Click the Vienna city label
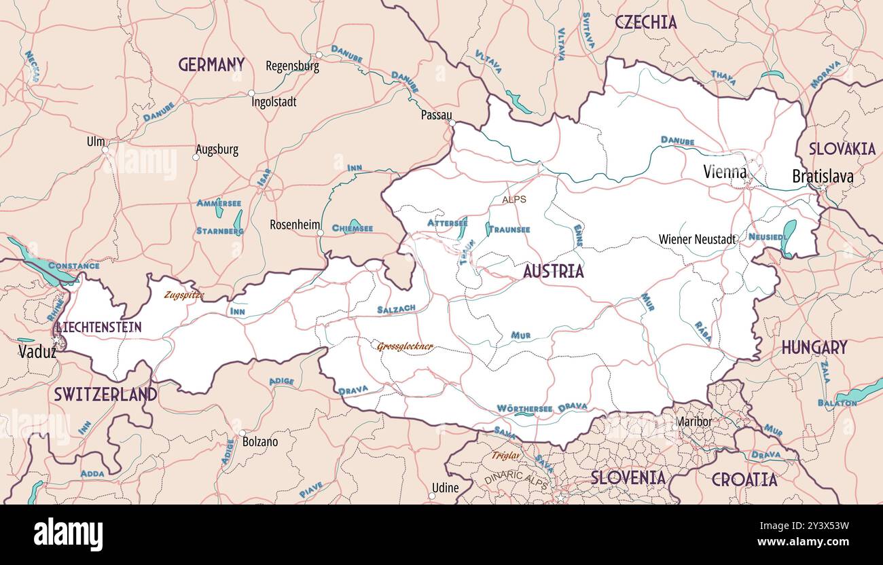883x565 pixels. [725, 172]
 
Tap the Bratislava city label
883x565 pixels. [823, 177]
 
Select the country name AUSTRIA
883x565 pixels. [553, 272]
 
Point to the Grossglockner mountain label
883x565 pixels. [405, 346]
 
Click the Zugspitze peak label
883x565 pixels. [183, 295]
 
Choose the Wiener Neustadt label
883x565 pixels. [697, 239]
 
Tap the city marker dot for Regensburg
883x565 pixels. [319, 55]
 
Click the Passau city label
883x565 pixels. [436, 115]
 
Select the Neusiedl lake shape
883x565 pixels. [789, 238]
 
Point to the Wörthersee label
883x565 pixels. [524, 408]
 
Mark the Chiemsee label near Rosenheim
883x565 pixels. [352, 229]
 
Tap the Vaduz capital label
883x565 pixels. [37, 351]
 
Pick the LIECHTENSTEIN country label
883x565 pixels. [99, 327]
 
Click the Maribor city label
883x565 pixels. [693, 422]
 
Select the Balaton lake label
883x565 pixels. [837, 403]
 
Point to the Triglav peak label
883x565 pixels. [505, 456]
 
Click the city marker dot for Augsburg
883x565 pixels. [196, 157]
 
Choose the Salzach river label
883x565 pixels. [396, 309]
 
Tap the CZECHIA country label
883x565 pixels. [645, 22]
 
